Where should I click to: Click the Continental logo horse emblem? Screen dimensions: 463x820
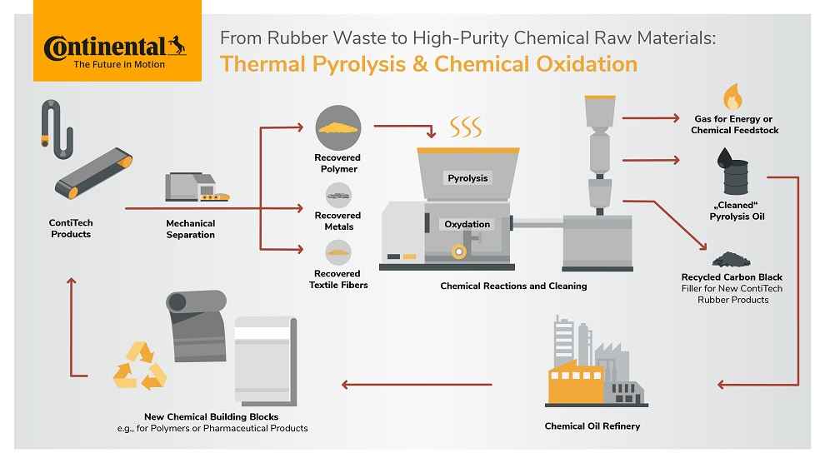[x=176, y=44]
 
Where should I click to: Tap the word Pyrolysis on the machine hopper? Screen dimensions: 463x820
[x=467, y=177]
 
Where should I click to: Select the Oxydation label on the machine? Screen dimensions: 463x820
[x=468, y=224]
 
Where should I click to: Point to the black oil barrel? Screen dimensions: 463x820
[x=733, y=176]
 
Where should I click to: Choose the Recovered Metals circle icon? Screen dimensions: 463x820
[x=337, y=196]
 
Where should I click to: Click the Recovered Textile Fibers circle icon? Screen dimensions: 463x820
[x=337, y=250]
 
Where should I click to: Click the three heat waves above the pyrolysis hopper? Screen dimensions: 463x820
[x=466, y=127]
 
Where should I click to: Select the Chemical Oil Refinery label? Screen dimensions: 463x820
[x=592, y=426]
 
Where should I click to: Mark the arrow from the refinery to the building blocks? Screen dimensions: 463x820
[x=417, y=385]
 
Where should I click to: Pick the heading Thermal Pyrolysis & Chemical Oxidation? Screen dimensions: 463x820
[x=428, y=64]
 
